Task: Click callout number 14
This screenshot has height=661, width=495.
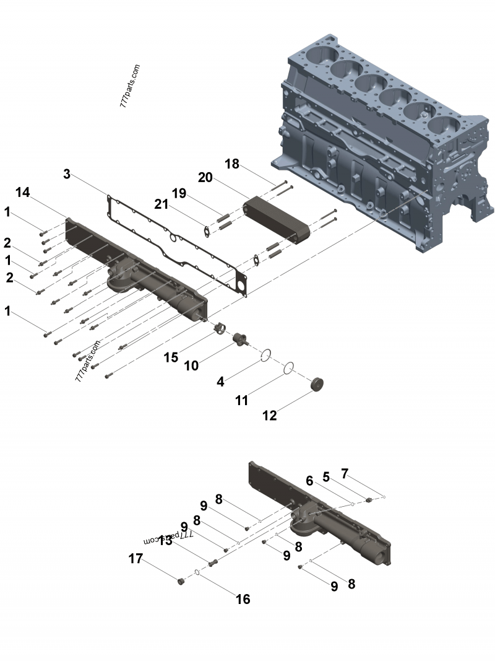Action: tap(22, 193)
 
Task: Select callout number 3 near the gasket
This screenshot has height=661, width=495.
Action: tap(67, 174)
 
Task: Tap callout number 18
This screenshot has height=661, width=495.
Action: tap(231, 164)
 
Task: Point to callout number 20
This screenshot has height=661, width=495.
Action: tap(205, 178)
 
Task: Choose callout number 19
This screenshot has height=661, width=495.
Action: tap(179, 193)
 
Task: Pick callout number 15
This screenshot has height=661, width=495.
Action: tap(171, 357)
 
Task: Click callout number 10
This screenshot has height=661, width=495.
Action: tap(191, 366)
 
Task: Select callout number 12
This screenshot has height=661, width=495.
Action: tap(270, 415)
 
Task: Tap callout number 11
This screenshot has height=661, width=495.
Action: tap(241, 400)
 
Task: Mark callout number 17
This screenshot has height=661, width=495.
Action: tap(136, 559)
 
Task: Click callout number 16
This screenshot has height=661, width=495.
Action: tap(243, 599)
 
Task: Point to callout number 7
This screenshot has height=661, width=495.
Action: tap(345, 474)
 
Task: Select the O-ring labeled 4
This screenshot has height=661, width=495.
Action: tap(265, 355)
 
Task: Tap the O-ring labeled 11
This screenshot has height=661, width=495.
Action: tap(288, 369)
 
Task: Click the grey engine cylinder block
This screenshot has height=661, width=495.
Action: tap(384, 124)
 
